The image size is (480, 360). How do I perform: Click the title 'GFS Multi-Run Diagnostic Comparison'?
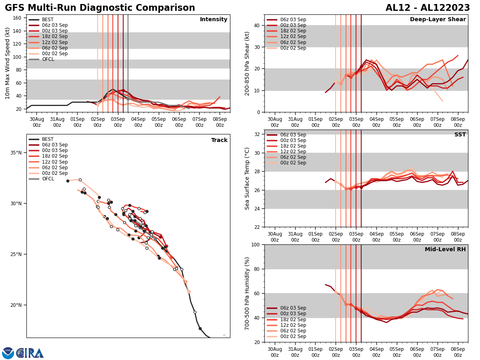[100, 8]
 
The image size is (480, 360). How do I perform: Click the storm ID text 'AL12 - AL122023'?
[428, 8]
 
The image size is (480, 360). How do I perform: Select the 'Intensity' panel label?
[214, 20]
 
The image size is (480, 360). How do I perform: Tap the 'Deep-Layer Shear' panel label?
[438, 20]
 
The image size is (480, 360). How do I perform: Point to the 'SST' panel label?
[460, 135]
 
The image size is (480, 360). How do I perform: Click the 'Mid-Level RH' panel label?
[445, 250]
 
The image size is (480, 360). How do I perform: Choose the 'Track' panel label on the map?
[219, 140]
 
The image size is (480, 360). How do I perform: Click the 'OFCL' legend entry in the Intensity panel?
[48, 59]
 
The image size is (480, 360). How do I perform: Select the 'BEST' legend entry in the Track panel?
[48, 139]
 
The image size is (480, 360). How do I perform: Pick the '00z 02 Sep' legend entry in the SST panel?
[293, 163]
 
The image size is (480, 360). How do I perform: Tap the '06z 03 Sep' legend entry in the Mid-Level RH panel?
[293, 308]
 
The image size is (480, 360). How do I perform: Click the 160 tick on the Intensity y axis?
[17, 18]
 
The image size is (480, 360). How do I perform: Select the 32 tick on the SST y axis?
[257, 134]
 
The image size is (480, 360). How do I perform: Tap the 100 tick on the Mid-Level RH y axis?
[256, 244]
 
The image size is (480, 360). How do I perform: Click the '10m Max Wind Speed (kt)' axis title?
[7, 63]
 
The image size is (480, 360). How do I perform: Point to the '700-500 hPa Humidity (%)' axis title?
[248, 293]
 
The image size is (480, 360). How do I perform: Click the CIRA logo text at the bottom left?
[30, 353]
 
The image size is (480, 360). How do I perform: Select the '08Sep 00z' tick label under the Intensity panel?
[220, 122]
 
